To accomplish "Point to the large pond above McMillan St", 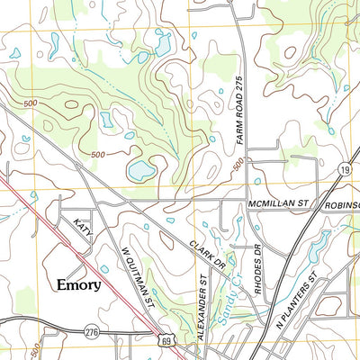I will coord(140,168).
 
